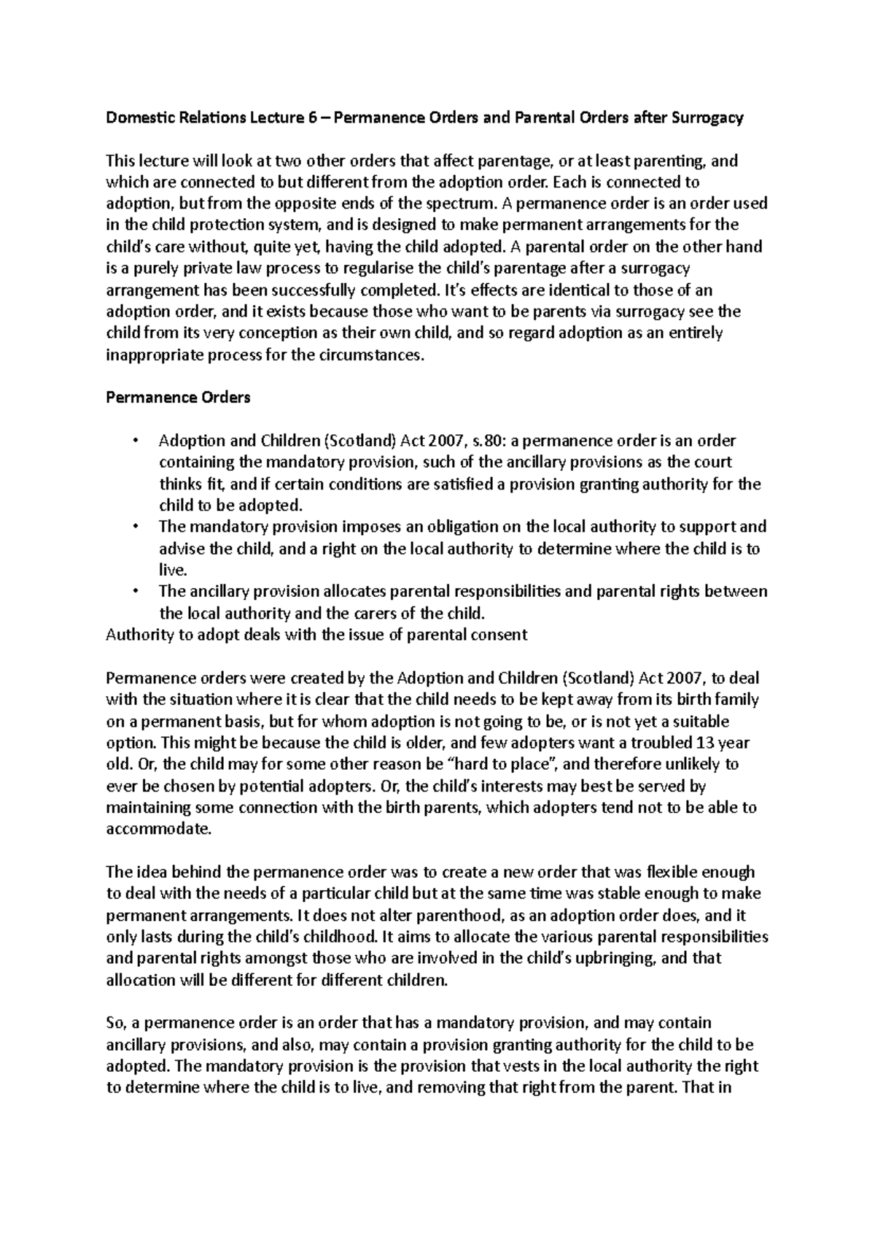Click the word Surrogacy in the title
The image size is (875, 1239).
pyautogui.click(x=709, y=118)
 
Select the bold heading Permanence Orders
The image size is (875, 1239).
pyautogui.click(x=178, y=398)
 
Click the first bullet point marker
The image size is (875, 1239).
pyautogui.click(x=135, y=441)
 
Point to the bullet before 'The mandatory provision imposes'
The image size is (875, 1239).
pyautogui.click(x=135, y=527)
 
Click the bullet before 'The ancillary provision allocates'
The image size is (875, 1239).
pyautogui.click(x=135, y=591)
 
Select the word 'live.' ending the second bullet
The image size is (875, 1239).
pyautogui.click(x=174, y=570)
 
